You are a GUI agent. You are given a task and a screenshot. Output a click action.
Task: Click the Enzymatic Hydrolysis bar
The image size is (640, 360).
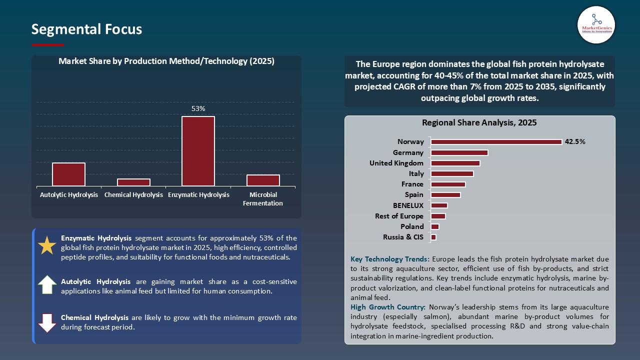click(198, 151)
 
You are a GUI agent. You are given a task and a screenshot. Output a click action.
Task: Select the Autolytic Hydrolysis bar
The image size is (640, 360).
click(68, 174)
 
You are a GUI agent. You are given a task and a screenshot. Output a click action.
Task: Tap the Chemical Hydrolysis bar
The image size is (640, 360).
click(133, 182)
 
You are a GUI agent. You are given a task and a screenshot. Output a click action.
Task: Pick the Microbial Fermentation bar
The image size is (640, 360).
click(263, 180)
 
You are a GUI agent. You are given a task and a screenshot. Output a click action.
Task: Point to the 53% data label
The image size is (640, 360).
click(198, 108)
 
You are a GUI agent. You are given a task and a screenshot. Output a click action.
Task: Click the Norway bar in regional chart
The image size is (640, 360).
click(496, 142)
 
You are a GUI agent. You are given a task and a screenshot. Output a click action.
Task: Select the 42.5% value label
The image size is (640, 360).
click(575, 141)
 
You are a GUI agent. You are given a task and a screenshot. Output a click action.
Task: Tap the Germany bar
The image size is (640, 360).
click(459, 152)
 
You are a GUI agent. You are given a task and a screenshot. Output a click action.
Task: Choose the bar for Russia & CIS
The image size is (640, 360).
click(433, 237)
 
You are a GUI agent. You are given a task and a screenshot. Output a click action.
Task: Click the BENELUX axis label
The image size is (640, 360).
click(408, 205)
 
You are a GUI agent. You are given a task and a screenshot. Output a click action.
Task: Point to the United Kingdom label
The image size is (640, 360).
click(396, 163)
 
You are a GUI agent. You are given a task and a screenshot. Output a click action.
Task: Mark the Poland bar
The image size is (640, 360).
click(435, 226)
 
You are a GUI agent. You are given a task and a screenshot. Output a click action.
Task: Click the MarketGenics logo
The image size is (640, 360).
click(596, 24)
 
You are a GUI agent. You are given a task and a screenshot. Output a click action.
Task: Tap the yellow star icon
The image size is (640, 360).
click(47, 245)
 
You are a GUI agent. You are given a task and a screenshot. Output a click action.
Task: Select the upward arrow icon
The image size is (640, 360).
click(47, 284)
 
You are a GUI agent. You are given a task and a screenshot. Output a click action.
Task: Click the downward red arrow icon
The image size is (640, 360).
click(47, 323)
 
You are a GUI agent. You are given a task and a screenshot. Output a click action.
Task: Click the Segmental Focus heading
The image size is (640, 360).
click(86, 29)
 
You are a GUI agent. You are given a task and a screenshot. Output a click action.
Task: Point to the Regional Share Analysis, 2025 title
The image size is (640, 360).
click(479, 122)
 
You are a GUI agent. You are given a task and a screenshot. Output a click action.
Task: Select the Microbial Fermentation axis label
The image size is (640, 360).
click(262, 199)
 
